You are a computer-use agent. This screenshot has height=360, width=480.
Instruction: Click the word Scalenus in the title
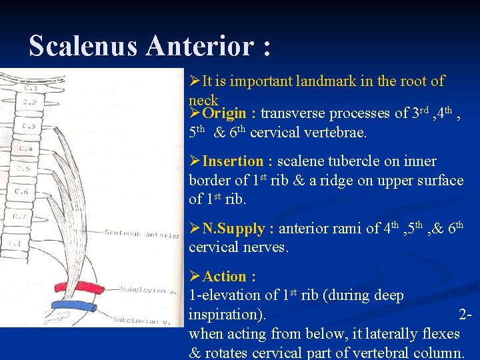[x=83, y=46]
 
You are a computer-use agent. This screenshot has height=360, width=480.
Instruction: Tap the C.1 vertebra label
[x=30, y=87]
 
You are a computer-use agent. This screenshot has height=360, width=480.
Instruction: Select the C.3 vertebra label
[x=29, y=125]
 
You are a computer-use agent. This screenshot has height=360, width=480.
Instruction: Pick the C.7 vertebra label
[x=21, y=217]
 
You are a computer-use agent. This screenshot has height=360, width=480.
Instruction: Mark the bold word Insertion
[x=233, y=161]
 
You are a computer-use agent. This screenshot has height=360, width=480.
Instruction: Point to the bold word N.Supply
[x=233, y=229]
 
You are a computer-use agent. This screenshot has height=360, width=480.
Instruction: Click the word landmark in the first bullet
[x=326, y=81]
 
